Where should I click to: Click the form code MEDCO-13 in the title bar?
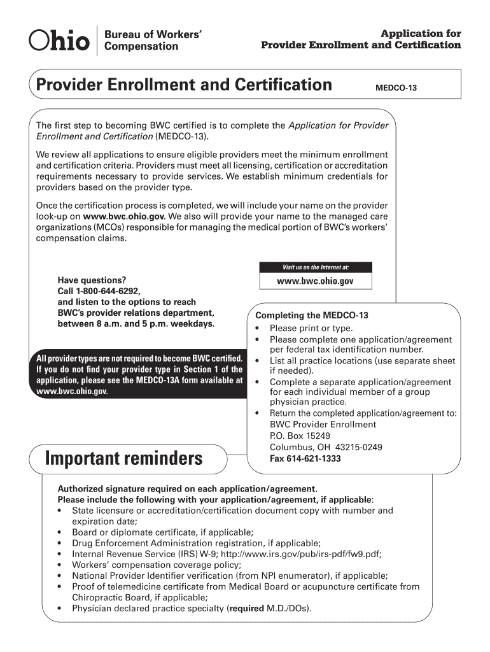(396, 87)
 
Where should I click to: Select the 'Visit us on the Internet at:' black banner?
(316, 267)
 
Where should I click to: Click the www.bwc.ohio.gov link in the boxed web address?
(315, 281)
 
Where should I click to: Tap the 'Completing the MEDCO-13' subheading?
(311, 316)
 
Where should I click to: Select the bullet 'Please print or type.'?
(311, 328)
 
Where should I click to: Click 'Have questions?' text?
(92, 280)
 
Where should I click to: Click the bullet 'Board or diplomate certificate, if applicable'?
(162, 532)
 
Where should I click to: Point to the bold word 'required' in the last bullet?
(246, 608)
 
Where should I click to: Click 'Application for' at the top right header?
(421, 33)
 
